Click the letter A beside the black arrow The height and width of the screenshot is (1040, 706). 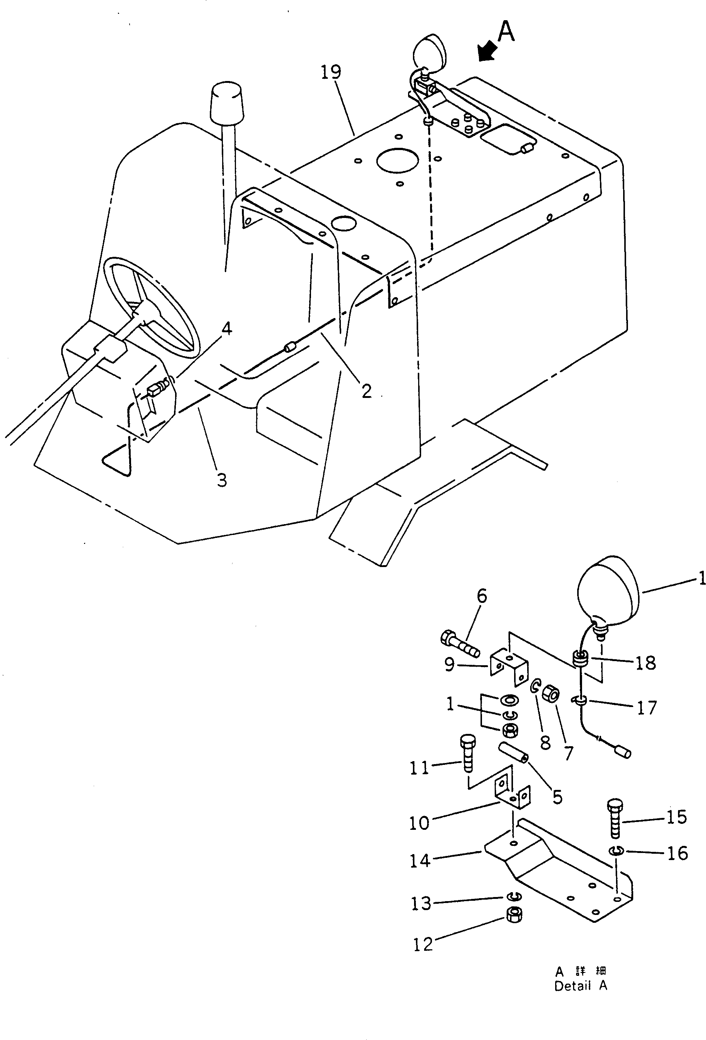pos(506,32)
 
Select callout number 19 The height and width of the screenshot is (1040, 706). pos(331,72)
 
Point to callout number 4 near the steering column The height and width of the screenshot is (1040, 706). pos(227,329)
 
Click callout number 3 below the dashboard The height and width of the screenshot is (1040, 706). pos(222,480)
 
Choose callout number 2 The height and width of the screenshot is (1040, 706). pos(367,391)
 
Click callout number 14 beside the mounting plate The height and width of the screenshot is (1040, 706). pos(420,860)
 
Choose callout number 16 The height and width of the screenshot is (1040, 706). pos(677,853)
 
